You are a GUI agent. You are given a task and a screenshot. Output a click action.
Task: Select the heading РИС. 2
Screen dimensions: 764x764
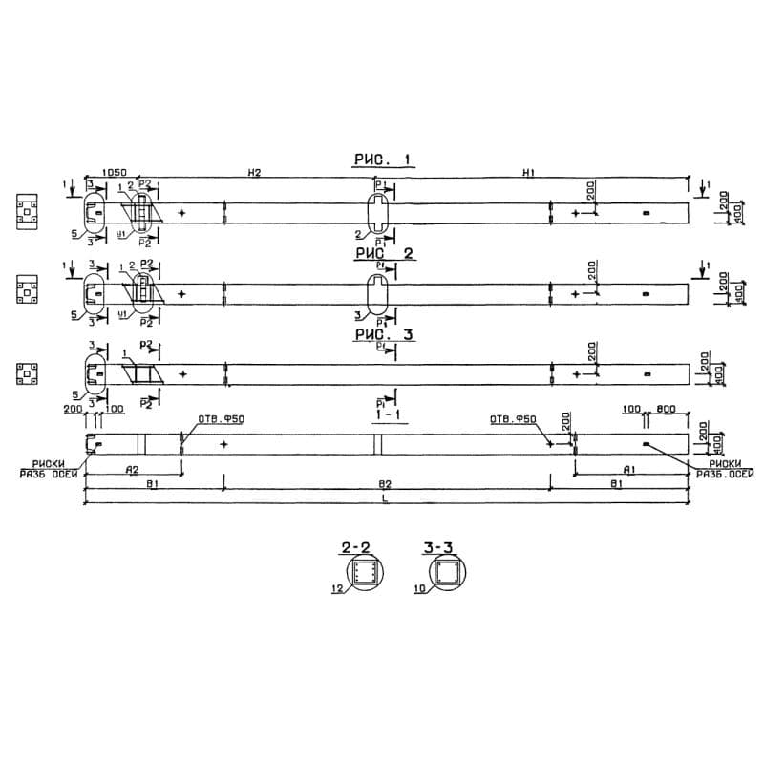pyautogui.click(x=383, y=254)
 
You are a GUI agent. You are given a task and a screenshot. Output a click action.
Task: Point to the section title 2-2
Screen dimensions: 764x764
pyautogui.click(x=356, y=547)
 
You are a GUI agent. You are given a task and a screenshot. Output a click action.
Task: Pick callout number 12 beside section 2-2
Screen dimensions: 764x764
pyautogui.click(x=336, y=590)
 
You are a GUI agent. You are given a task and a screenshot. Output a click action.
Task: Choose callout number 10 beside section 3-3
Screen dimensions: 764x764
pyautogui.click(x=419, y=590)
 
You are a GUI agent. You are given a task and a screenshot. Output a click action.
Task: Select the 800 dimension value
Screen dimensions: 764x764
pyautogui.click(x=667, y=409)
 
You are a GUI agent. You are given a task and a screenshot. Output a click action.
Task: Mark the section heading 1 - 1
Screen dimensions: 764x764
pyautogui.click(x=387, y=417)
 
